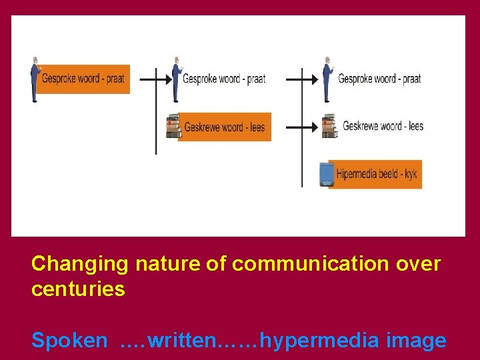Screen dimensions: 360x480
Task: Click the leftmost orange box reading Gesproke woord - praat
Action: coord(83,79)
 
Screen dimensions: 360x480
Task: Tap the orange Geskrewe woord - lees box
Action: coord(225,127)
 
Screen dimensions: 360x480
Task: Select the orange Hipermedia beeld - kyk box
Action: coord(377,174)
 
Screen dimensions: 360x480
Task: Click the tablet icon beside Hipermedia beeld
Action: coord(326,174)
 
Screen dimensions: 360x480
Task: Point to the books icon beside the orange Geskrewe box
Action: coord(173,126)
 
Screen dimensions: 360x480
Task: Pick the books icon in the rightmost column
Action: coord(329,126)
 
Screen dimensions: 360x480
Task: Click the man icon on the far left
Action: coord(35,79)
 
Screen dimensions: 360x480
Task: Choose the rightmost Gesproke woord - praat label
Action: coord(379,79)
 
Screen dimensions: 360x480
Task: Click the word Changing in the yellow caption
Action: coord(79,264)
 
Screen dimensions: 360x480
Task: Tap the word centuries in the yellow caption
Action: coord(78,289)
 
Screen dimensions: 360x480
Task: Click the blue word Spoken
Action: coord(69,341)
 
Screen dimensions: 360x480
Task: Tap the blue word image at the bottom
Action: coord(417,341)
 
